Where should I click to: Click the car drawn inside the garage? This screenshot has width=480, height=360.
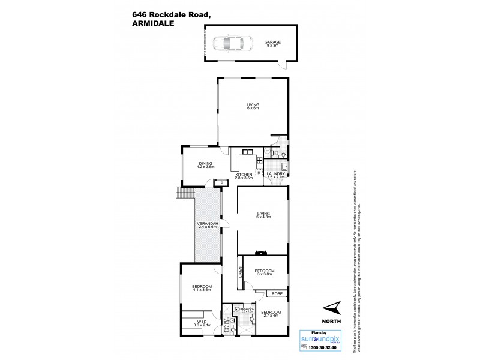pyautogui.click(x=228, y=43)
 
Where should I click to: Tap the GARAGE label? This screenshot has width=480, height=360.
pyautogui.click(x=272, y=43)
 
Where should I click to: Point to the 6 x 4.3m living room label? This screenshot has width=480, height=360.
pyautogui.click(x=263, y=215)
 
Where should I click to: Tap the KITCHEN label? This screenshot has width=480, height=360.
pyautogui.click(x=244, y=175)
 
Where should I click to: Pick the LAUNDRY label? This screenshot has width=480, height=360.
pyautogui.click(x=275, y=175)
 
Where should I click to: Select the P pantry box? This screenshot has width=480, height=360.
pyautogui.click(x=221, y=183)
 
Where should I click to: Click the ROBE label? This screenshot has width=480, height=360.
pyautogui.click(x=277, y=293)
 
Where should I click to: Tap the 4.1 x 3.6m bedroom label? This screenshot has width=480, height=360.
pyautogui.click(x=201, y=288)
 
